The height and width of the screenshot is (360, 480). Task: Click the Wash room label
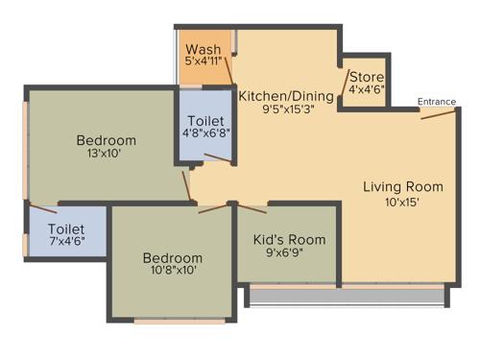(x=203, y=49)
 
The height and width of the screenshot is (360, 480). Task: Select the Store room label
(x=367, y=77)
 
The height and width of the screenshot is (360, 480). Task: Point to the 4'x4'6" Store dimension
(x=367, y=90)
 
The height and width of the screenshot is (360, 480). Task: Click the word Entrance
(x=437, y=102)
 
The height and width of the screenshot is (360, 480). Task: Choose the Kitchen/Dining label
(x=286, y=96)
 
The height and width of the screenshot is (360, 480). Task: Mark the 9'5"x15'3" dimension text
(x=286, y=109)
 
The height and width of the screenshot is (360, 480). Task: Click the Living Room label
(x=403, y=186)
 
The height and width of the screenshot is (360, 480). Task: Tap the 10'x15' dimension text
(x=403, y=202)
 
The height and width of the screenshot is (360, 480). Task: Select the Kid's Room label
(x=289, y=239)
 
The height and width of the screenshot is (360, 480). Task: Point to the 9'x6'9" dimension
(x=289, y=254)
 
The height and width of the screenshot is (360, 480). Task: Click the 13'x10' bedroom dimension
(x=106, y=155)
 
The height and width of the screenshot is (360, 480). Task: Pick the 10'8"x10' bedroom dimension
(x=173, y=273)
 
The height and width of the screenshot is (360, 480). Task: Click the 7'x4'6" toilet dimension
(x=66, y=243)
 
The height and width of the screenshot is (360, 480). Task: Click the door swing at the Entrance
(x=438, y=113)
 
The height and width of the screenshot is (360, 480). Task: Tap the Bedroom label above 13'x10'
(x=106, y=140)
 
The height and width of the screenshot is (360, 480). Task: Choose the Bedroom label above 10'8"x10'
(x=173, y=258)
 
